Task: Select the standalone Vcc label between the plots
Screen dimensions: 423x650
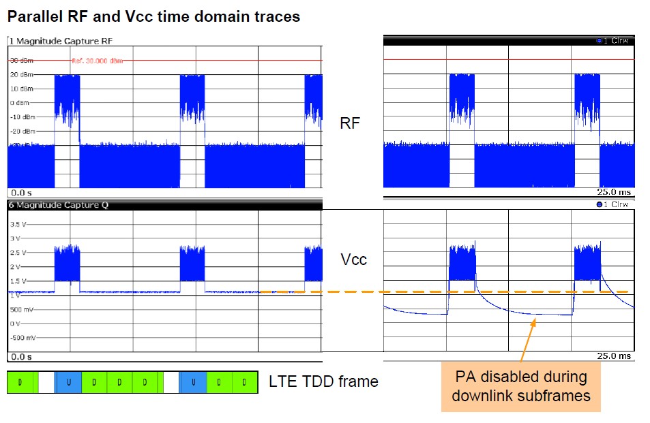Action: (x=354, y=260)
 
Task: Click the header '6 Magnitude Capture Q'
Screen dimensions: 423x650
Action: (x=59, y=204)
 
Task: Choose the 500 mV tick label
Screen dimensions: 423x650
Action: (x=21, y=309)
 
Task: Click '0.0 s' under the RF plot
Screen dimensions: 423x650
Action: (x=23, y=193)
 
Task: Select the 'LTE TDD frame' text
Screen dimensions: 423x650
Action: (x=323, y=381)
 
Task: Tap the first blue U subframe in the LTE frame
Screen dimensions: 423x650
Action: (x=68, y=382)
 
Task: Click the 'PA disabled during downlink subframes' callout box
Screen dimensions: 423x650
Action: (x=521, y=386)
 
